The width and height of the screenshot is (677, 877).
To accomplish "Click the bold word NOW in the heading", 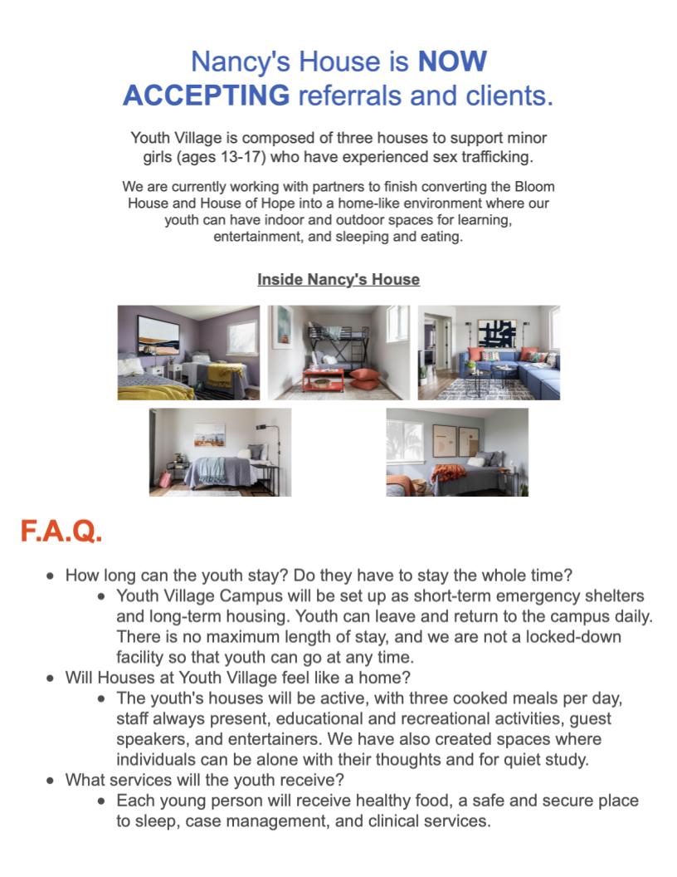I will click(x=452, y=61).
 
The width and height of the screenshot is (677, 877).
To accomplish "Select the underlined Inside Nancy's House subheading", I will click(x=338, y=280).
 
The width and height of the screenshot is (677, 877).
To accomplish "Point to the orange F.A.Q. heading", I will click(x=61, y=532).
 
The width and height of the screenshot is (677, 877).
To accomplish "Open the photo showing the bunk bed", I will click(x=338, y=352).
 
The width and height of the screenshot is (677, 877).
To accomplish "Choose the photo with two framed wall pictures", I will click(x=457, y=452).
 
